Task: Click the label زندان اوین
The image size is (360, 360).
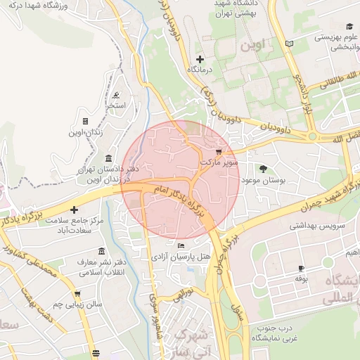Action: [x=85, y=133]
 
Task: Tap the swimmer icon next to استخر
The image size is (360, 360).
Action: [x=115, y=95]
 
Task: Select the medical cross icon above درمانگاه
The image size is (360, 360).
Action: [x=200, y=59]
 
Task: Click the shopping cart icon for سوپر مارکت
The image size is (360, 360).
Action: [x=219, y=151]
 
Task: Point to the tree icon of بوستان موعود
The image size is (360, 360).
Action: [x=263, y=169]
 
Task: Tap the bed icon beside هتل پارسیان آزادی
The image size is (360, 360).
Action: [x=181, y=246]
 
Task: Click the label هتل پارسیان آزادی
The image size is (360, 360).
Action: [x=181, y=257]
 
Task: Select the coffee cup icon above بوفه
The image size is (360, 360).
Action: [x=302, y=268]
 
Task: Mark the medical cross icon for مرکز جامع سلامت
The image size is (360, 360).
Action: [x=72, y=210]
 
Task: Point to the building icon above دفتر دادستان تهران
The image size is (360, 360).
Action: [x=107, y=158]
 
